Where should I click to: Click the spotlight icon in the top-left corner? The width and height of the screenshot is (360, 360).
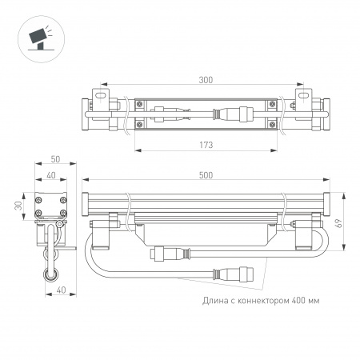point(38,38)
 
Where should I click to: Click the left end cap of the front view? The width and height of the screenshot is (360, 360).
point(87,205)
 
